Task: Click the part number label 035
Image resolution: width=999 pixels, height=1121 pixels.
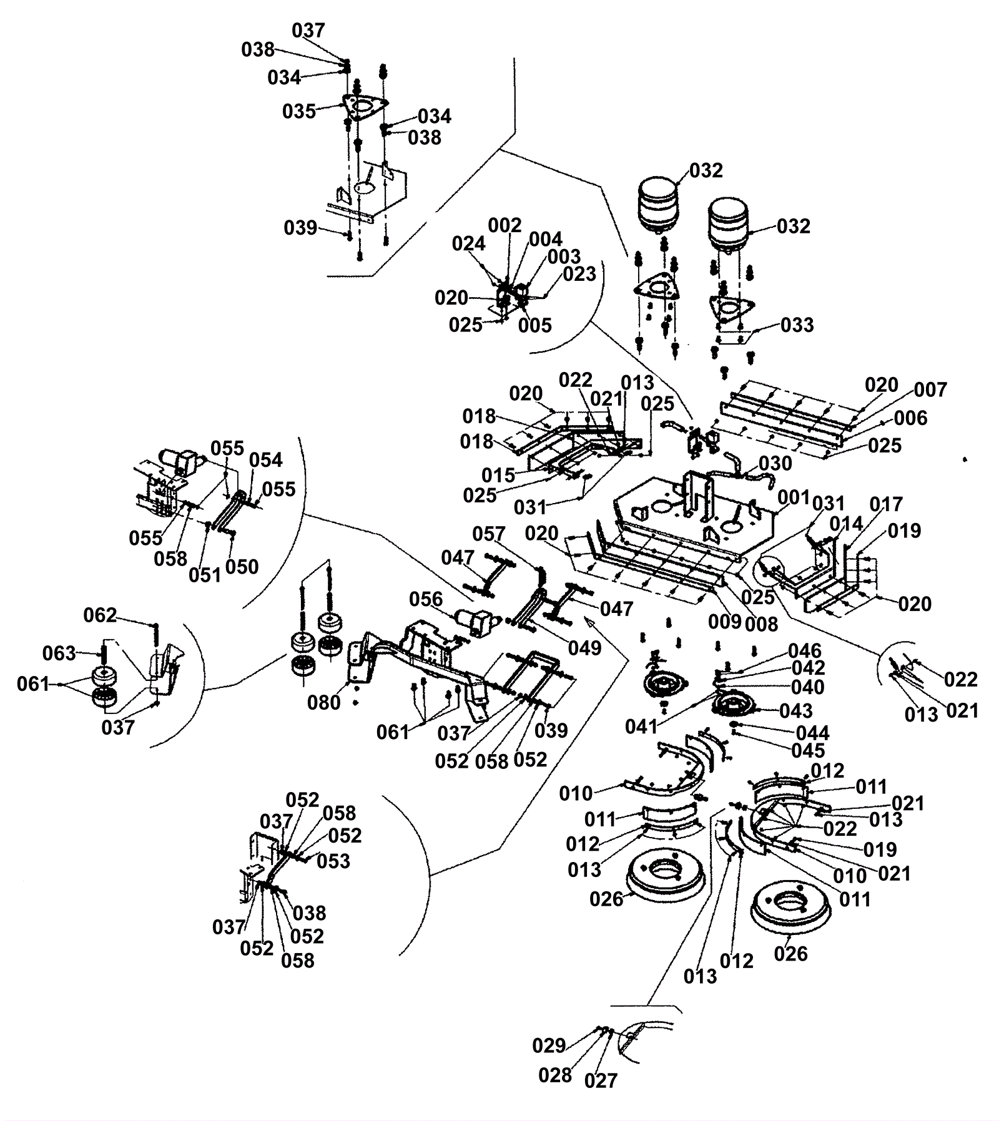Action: pyautogui.click(x=299, y=112)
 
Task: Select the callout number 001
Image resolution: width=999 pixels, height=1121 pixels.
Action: pyautogui.click(x=794, y=498)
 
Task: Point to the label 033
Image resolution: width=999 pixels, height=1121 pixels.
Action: pyautogui.click(x=797, y=325)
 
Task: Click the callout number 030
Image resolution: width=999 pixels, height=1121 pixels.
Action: pyautogui.click(x=775, y=464)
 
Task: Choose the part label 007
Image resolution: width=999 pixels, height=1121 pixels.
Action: pyautogui.click(x=930, y=390)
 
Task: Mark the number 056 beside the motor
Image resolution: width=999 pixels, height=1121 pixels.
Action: pyautogui.click(x=426, y=600)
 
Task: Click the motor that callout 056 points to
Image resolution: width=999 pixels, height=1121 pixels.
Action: pyautogui.click(x=478, y=623)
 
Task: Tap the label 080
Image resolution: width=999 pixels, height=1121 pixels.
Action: pyautogui.click(x=324, y=703)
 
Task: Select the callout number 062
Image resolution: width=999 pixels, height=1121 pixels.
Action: pyautogui.click(x=100, y=616)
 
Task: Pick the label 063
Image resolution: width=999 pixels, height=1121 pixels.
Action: pyautogui.click(x=59, y=654)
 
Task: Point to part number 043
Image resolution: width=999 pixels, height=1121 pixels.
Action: pyautogui.click(x=796, y=711)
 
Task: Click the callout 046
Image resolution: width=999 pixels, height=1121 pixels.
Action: pyautogui.click(x=805, y=652)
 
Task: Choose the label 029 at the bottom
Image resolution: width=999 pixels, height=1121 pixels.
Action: pyautogui.click(x=549, y=1045)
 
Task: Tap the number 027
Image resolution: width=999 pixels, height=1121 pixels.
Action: pyautogui.click(x=601, y=1080)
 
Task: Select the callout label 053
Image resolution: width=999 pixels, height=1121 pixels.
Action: pyautogui.click(x=333, y=861)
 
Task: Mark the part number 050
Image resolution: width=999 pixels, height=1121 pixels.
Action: pyautogui.click(x=242, y=567)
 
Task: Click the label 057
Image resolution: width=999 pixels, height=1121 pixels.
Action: pyautogui.click(x=488, y=534)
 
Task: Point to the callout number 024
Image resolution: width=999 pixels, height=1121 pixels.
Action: pyautogui.click(x=468, y=244)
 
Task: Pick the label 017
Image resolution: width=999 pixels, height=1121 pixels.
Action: pyautogui.click(x=886, y=504)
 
